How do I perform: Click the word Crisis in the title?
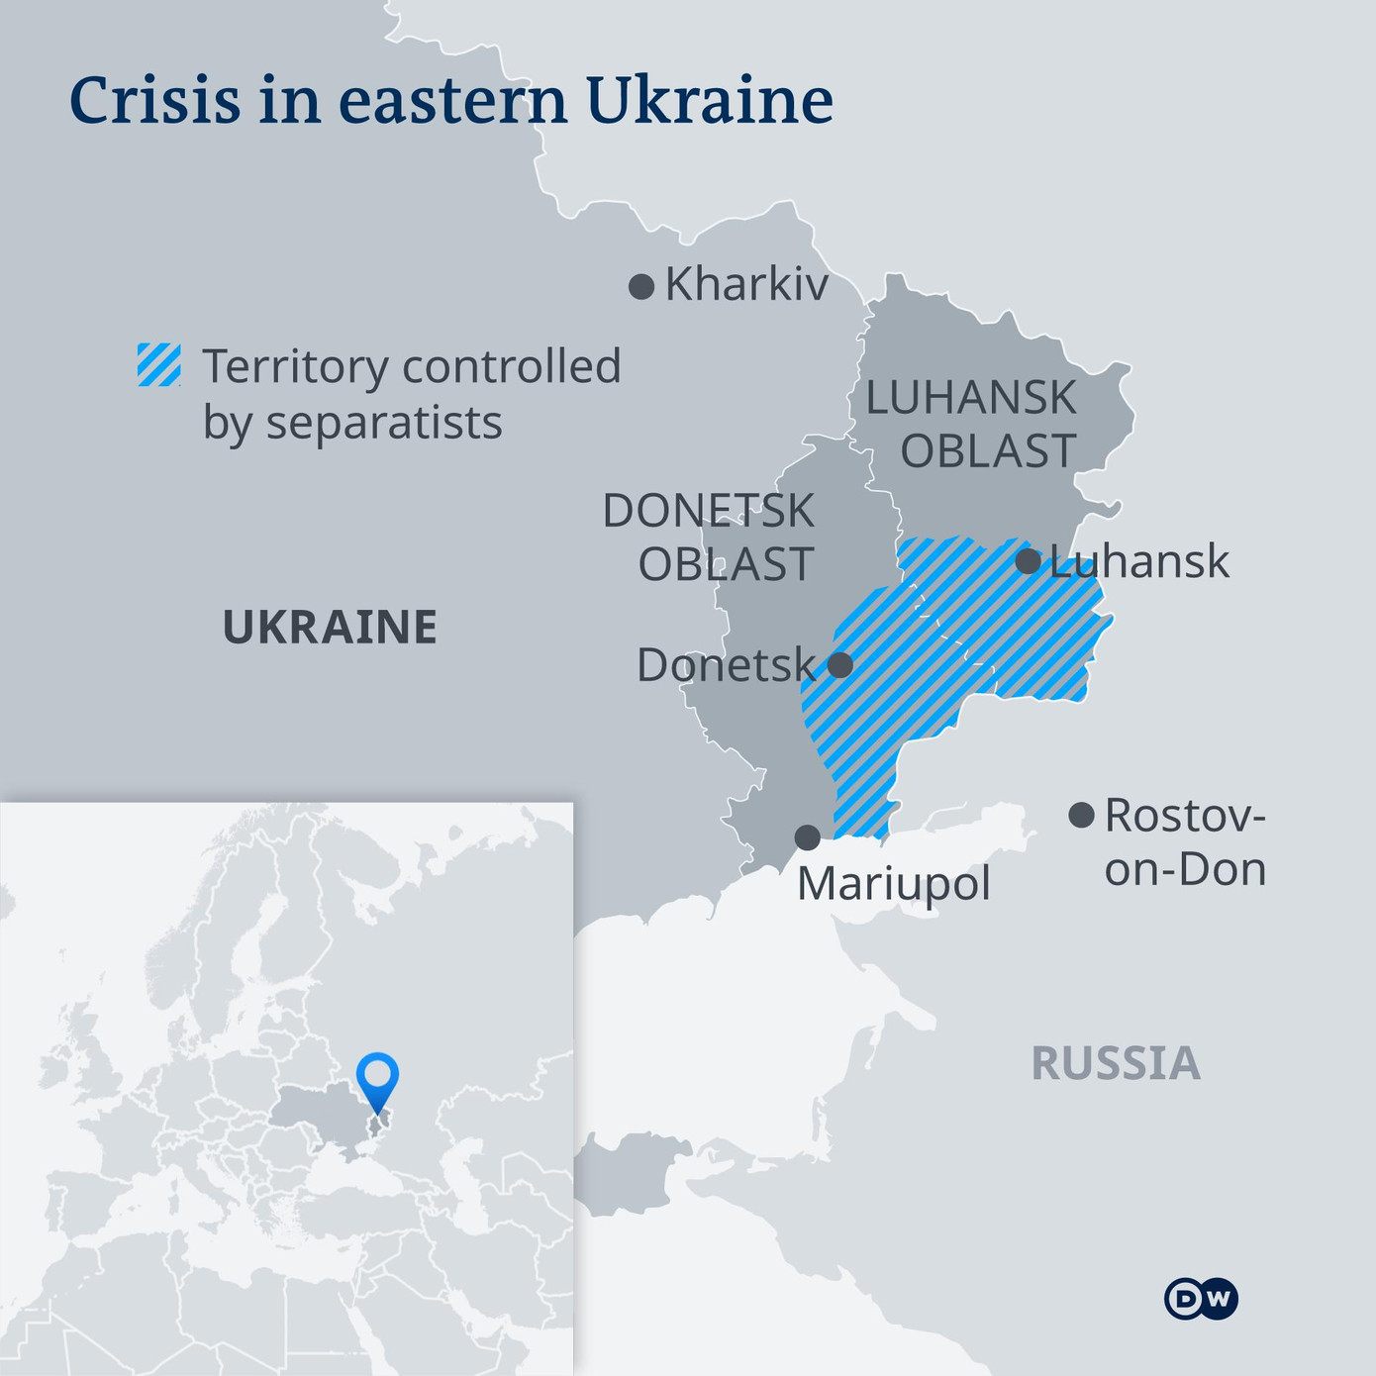155,100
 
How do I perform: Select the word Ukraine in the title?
709,100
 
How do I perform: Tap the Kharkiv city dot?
641,287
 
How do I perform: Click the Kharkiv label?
746,285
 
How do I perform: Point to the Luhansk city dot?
1029,561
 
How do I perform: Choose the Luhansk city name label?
1138,562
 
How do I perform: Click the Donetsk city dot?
839,664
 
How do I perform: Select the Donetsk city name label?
726,665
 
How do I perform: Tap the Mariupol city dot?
808,837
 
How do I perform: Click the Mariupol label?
893,884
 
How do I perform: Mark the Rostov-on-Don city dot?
1081,816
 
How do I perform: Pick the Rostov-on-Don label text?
1185,842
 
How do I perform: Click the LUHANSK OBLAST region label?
971,425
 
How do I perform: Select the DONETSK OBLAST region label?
709,538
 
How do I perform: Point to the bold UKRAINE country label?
330,628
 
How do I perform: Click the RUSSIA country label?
1116,1064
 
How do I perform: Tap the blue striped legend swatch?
158,365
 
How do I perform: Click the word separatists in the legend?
384,423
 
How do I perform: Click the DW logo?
1201,1299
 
